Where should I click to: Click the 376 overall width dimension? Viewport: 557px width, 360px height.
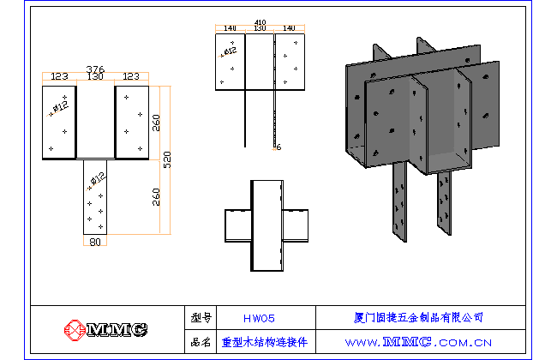[95, 69]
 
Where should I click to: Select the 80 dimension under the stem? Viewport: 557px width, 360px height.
[94, 242]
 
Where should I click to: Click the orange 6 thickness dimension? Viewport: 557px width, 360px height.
[278, 147]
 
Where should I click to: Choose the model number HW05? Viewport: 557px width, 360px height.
[259, 318]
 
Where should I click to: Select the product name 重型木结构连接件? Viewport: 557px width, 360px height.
[264, 341]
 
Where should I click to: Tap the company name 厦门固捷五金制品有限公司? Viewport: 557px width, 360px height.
[419, 317]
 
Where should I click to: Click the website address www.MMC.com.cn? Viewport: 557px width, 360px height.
[418, 341]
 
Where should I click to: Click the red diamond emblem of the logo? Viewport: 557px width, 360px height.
[75, 329]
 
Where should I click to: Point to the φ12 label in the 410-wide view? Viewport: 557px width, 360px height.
[229, 51]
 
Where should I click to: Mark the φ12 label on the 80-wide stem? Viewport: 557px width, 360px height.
[97, 179]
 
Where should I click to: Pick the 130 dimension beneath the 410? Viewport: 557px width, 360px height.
[260, 29]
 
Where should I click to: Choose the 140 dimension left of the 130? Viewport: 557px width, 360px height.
[230, 29]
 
